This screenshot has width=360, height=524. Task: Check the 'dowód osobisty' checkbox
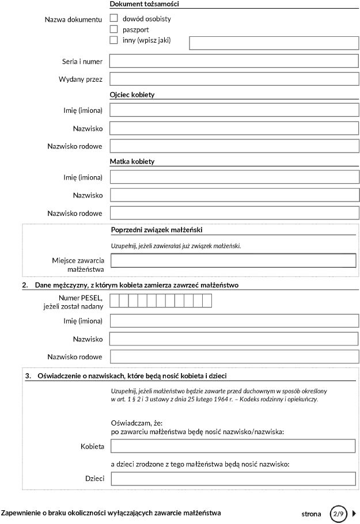pyautogui.click(x=113, y=18)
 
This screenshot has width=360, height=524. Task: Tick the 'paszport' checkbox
pyautogui.click(x=113, y=29)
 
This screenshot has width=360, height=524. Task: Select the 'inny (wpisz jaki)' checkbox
pyautogui.click(x=113, y=40)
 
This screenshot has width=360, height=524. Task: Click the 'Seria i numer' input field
pyautogui.click(x=234, y=61)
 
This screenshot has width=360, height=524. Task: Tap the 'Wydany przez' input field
pyautogui.click(x=234, y=79)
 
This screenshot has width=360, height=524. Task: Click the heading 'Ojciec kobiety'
pyautogui.click(x=132, y=94)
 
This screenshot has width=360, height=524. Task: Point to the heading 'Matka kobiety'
pyautogui.click(x=132, y=162)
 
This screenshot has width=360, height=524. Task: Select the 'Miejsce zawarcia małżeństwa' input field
pyautogui.click(x=233, y=261)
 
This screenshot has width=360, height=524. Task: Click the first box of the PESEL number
pyautogui.click(x=115, y=301)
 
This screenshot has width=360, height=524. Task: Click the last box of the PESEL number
pyautogui.click(x=207, y=301)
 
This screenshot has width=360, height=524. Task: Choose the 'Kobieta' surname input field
pyautogui.click(x=233, y=446)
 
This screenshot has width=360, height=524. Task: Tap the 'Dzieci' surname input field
pyautogui.click(x=233, y=479)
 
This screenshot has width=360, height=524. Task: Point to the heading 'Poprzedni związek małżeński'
pyautogui.click(x=156, y=230)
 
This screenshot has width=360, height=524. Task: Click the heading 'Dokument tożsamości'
pyautogui.click(x=144, y=4)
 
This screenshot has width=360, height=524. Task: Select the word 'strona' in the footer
pyautogui.click(x=311, y=514)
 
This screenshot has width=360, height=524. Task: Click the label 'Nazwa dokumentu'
pyautogui.click(x=73, y=20)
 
